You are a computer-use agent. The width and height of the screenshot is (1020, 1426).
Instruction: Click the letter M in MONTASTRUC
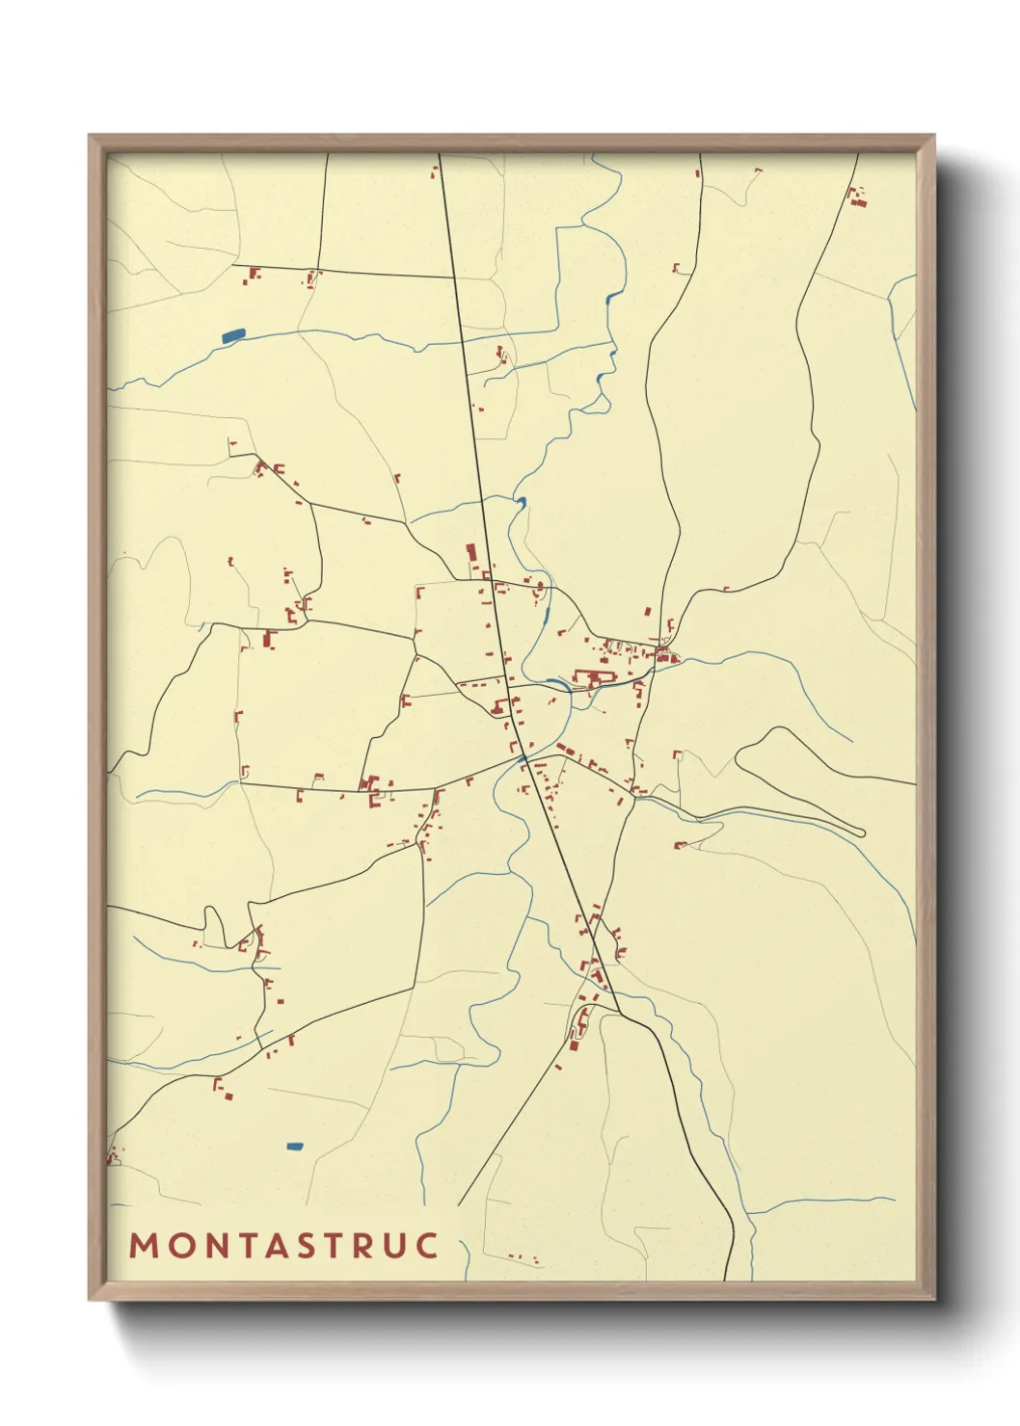[143, 1245]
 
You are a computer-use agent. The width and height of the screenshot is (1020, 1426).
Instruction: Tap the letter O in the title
[177, 1245]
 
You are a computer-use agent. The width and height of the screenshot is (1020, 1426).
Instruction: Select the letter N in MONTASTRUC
[212, 1245]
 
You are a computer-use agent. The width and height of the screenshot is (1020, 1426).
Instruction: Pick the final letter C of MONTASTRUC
[428, 1245]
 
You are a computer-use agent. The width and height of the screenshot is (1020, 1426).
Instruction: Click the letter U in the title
[392, 1245]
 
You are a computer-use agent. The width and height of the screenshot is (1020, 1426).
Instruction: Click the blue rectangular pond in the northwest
[233, 335]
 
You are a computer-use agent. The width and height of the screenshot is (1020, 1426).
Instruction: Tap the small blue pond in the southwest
[295, 1146]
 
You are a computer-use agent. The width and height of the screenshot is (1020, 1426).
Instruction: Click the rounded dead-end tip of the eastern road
[862, 832]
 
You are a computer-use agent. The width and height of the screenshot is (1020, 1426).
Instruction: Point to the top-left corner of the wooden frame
[90, 136]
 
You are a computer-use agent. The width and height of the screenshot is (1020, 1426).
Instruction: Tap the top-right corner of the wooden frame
[933, 136]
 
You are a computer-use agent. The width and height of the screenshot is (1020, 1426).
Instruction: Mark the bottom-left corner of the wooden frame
[90, 1299]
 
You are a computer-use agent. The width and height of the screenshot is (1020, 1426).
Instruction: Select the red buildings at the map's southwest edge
[113, 1154]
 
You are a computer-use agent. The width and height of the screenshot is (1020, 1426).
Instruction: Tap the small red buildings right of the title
[524, 1257]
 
